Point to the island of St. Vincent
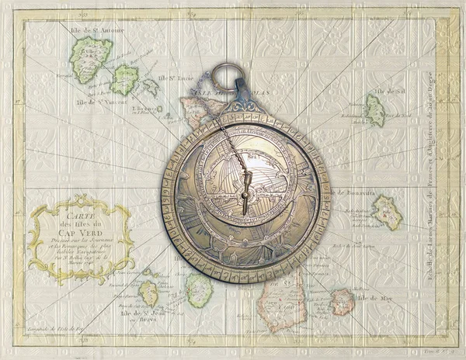[x=124, y=79]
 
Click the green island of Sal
[x=374, y=110]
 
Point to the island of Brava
[x=148, y=293]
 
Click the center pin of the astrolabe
[x=245, y=189]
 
